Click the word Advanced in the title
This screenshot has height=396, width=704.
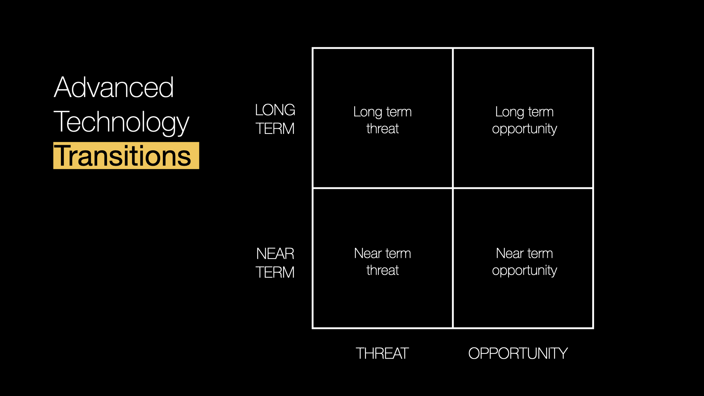pyautogui.click(x=114, y=87)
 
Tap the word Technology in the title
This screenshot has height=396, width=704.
pyautogui.click(x=121, y=122)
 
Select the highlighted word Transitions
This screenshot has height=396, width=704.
pyautogui.click(x=123, y=156)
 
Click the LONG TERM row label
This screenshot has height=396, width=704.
pyautogui.click(x=275, y=119)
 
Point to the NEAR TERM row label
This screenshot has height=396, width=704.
pyautogui.click(x=275, y=263)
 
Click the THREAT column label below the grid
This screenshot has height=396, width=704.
pyautogui.click(x=382, y=353)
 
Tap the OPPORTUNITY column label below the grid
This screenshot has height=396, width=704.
pyautogui.click(x=518, y=353)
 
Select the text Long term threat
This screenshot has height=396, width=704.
pyautogui.click(x=382, y=120)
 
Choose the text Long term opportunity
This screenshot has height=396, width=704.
pyautogui.click(x=524, y=120)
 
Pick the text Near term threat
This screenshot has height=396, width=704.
pyautogui.click(x=382, y=262)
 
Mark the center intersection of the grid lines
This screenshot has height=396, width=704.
pyautogui.click(x=453, y=188)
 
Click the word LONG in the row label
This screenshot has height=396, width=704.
pyautogui.click(x=275, y=110)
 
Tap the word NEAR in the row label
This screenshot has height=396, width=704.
pyautogui.click(x=275, y=254)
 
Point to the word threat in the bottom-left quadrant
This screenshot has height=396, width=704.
pyautogui.click(x=382, y=270)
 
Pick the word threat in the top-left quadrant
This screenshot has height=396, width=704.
pyautogui.click(x=382, y=129)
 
